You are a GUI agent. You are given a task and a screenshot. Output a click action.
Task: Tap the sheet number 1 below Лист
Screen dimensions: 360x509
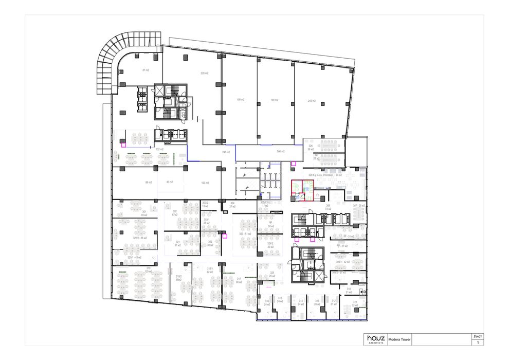(477, 343)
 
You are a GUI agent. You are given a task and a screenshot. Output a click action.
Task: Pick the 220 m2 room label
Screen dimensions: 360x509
(204, 74)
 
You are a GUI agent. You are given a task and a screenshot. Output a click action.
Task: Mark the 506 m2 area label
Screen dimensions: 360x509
(280, 152)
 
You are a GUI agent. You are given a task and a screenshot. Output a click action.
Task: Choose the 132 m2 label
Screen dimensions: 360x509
(159, 150)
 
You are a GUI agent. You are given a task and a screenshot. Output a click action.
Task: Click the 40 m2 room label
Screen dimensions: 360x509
(169, 182)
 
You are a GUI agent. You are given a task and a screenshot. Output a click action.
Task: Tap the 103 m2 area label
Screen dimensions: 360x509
(204, 183)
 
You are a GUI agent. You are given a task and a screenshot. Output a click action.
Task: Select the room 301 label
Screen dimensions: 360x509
(144, 212)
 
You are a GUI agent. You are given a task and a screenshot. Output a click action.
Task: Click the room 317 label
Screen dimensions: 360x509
(239, 280)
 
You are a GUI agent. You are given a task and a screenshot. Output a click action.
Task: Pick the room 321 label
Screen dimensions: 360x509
(178, 243)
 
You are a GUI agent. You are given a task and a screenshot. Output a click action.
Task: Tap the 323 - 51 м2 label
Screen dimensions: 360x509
(245, 234)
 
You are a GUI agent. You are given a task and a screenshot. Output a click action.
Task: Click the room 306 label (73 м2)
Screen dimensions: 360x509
(328, 207)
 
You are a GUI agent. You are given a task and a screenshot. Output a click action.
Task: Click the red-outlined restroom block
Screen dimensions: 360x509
(302, 189)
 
